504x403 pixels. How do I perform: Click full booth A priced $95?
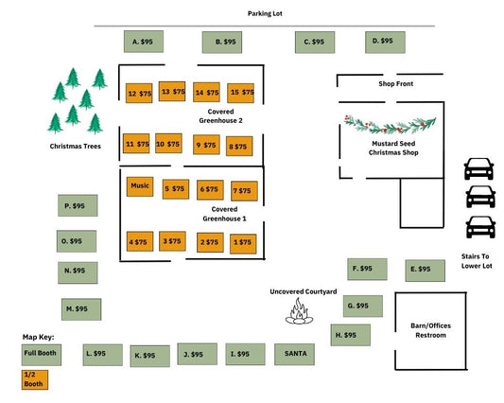point(144,42)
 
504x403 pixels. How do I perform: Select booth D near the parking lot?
point(385,43)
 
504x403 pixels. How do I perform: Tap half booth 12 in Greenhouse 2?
point(139,94)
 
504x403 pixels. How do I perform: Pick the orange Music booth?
point(140,186)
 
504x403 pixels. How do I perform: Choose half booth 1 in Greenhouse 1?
point(243,244)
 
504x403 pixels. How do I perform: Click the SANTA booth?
point(294,354)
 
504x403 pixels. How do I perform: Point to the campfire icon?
point(299,311)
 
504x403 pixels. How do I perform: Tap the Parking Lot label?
point(265,13)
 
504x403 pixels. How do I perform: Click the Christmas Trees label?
point(76,147)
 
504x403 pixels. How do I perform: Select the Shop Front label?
point(395,83)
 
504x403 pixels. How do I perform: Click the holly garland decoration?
point(390,124)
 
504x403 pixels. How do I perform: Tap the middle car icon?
point(480,197)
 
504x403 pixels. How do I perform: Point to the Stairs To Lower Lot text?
point(477,261)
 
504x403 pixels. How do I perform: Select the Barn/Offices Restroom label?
point(430,330)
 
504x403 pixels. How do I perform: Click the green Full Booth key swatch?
point(42,355)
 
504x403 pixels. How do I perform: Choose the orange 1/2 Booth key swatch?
point(35,380)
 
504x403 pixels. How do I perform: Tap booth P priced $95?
point(78,205)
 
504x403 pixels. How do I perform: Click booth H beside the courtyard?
point(351,335)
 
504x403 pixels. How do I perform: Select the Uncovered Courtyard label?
point(304,291)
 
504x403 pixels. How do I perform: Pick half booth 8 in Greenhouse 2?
point(239,147)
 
